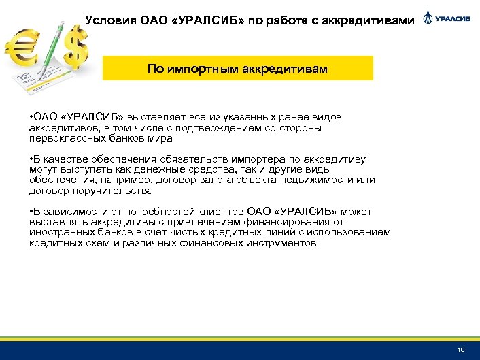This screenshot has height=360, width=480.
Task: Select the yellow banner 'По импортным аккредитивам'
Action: click(237, 69)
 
